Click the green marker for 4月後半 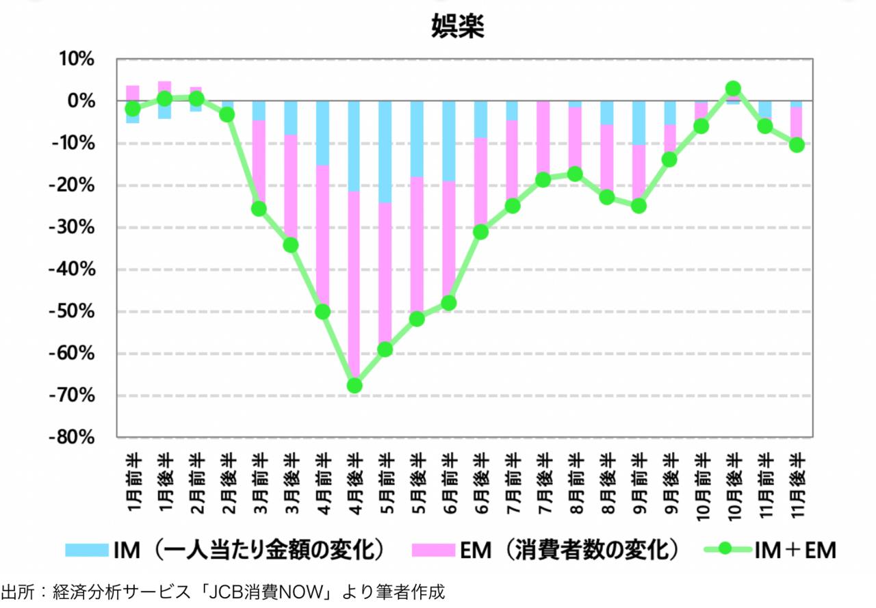pos(355,386)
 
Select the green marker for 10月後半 pos(734,89)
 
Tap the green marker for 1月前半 pos(133,109)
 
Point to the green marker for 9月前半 pos(639,205)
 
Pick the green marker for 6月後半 pos(480,232)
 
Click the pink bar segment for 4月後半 pos(355,287)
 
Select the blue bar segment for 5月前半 pos(386,152)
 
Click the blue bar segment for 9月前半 pos(639,123)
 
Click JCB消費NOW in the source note pos(261,592)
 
